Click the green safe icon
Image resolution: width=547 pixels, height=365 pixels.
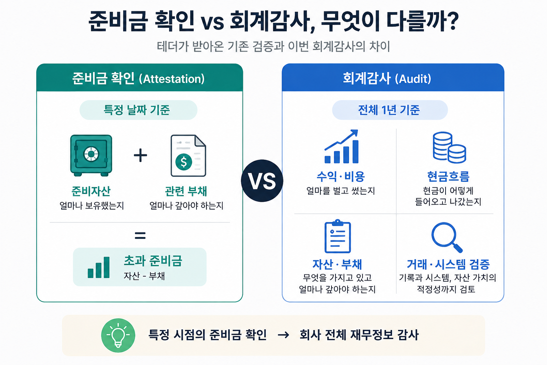[91, 155]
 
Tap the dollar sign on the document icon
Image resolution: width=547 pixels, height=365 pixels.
[184, 162]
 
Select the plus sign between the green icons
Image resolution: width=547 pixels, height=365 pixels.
[140, 155]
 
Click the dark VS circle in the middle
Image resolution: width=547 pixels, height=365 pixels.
[262, 181]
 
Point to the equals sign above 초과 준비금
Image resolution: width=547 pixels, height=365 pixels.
[140, 236]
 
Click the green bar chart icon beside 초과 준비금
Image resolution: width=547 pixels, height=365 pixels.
[99, 267]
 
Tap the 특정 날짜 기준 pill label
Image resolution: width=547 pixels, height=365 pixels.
[138, 110]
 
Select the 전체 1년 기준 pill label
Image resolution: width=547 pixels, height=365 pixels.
[390, 110]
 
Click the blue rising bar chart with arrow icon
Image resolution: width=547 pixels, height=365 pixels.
[342, 146]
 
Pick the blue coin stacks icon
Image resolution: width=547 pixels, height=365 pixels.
[449, 148]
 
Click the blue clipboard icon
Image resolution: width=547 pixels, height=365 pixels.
[338, 236]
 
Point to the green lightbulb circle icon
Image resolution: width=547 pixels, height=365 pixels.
[118, 335]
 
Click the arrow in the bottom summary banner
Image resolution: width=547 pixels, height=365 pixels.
[283, 335]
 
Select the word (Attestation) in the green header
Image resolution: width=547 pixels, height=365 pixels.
[172, 79]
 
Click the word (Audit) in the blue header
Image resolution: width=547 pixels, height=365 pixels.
[413, 79]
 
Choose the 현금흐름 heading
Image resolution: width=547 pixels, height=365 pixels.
[448, 176]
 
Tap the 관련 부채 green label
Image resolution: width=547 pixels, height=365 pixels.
[186, 191]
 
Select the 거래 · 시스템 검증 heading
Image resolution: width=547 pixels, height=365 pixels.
[448, 264]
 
